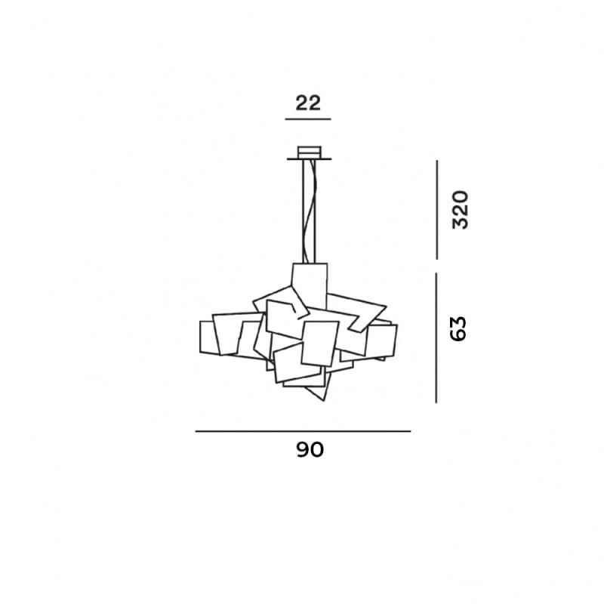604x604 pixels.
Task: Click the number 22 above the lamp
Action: pos(308,103)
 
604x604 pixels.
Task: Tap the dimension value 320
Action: pos(460,210)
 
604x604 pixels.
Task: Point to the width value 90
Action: pos(310,450)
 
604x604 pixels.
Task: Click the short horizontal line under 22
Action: pos(308,120)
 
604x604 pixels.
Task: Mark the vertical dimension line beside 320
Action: pos(437,210)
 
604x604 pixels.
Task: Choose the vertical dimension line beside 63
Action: pos(436,337)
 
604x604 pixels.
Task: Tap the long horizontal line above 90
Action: pos(303,431)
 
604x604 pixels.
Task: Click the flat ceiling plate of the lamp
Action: pos(309,159)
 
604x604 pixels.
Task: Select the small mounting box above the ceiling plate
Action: pos(309,150)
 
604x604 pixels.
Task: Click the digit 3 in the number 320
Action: pos(460,223)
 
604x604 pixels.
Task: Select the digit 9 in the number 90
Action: pos(302,450)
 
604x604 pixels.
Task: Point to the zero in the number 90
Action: pos(317,450)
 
